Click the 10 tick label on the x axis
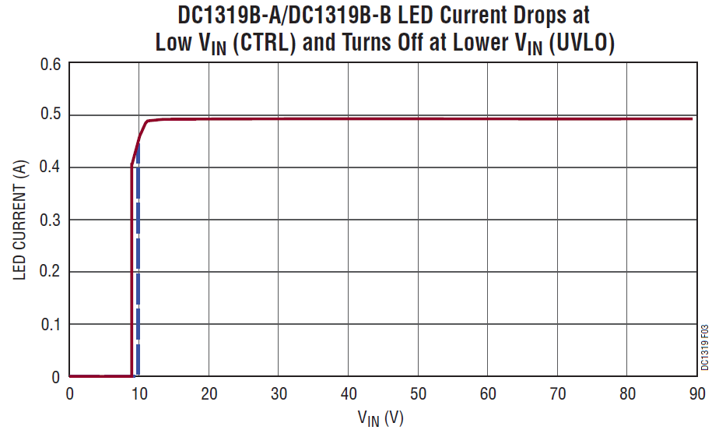click(x=139, y=393)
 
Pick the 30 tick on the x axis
click(x=279, y=393)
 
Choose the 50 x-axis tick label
click(x=418, y=393)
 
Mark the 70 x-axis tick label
click(x=557, y=393)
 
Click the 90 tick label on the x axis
click(x=696, y=393)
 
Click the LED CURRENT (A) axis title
click(x=20, y=220)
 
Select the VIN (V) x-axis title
click(x=381, y=418)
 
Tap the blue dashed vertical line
click(x=138, y=273)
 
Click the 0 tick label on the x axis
click(x=70, y=393)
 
